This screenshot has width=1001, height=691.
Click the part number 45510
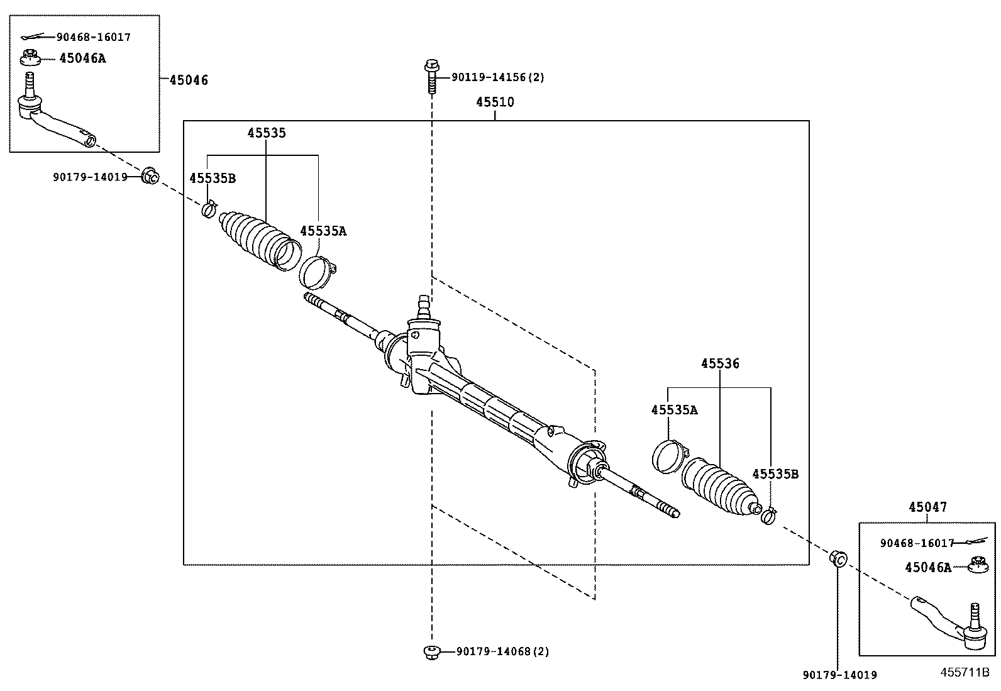coord(494,102)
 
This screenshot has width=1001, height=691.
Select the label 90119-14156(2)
coord(497,77)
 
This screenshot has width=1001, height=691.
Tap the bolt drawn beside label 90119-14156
coord(431,75)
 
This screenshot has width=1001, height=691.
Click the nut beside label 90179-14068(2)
coord(431,652)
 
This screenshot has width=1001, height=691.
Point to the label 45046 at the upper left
coord(189,80)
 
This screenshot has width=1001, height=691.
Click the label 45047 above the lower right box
coord(927,507)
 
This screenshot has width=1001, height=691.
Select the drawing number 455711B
coord(965,672)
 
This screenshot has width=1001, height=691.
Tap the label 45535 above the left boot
coord(266,133)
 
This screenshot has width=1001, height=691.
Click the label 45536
coord(720,363)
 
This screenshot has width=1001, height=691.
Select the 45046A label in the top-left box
coord(82,58)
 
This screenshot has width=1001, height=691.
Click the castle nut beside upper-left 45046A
coord(30,58)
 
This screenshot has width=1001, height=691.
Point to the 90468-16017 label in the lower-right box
coord(917,543)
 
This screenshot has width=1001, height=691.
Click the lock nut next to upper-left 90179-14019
coord(150,177)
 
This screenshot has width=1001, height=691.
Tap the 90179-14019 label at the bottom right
coord(839,675)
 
